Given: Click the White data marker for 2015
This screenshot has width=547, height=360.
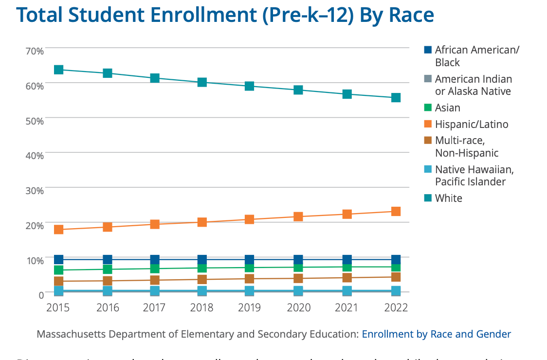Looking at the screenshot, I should [x=59, y=70].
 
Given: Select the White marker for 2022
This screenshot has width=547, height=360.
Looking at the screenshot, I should [x=396, y=98].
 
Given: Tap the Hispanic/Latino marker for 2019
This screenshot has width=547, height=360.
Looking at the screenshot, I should [x=249, y=219].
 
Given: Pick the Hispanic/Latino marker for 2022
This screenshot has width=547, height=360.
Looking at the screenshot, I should [x=396, y=211].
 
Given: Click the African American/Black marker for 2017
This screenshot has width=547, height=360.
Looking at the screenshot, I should [x=155, y=259].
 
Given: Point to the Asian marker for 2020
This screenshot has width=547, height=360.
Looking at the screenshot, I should [x=298, y=268].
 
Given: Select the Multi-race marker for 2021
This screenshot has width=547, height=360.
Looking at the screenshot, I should [x=347, y=278].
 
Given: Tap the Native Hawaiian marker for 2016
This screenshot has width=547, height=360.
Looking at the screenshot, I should [x=108, y=291].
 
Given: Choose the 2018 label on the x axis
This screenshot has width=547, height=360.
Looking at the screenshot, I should [x=202, y=307].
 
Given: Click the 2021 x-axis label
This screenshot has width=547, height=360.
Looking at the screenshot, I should [x=347, y=307].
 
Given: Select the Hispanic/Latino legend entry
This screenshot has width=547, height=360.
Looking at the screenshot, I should [x=471, y=124].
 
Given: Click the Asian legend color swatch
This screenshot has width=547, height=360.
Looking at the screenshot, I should [x=428, y=108].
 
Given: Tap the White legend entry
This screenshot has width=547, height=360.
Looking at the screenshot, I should [x=448, y=198].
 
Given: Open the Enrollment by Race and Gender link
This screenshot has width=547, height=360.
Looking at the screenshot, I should [x=437, y=334].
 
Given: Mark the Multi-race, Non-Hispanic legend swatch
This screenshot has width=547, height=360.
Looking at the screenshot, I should [x=428, y=141].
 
